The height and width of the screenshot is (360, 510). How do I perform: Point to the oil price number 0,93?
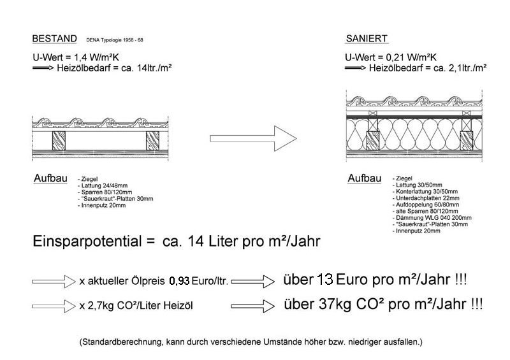click(180, 281)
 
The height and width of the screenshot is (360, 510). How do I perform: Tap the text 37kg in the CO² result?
click(330, 305)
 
